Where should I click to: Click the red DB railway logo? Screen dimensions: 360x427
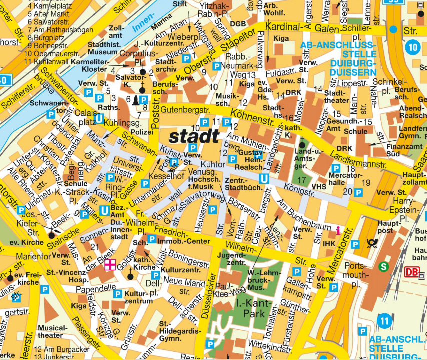tap(411, 272)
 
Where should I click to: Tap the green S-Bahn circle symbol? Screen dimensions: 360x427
tap(384, 266)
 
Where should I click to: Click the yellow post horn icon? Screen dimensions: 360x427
tap(372, 244)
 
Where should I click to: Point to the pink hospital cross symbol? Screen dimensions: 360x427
tap(110, 265)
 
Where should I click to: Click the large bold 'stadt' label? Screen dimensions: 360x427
tap(194, 136)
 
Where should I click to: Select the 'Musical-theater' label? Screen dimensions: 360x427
tap(50, 331)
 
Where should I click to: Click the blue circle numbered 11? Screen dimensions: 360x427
tap(384, 320)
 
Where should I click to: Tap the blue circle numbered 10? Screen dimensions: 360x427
tap(412, 48)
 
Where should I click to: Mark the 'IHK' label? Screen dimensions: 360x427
tap(329, 243)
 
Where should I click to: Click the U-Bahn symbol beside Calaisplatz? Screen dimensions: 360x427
tap(99, 119)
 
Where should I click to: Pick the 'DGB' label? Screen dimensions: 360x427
tap(238, 23)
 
